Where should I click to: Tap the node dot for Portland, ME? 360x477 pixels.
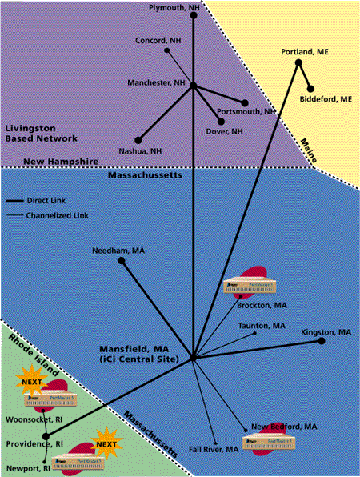tap(298, 62)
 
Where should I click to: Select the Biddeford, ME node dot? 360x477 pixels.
tap(311, 89)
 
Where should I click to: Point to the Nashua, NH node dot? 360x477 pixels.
tap(138, 140)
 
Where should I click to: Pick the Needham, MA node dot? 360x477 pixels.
tap(121, 260)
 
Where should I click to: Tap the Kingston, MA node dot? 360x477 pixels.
tap(322, 341)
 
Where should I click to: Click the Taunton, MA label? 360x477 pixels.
tap(262, 326)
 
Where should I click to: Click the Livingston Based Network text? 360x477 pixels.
tap(41, 133)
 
